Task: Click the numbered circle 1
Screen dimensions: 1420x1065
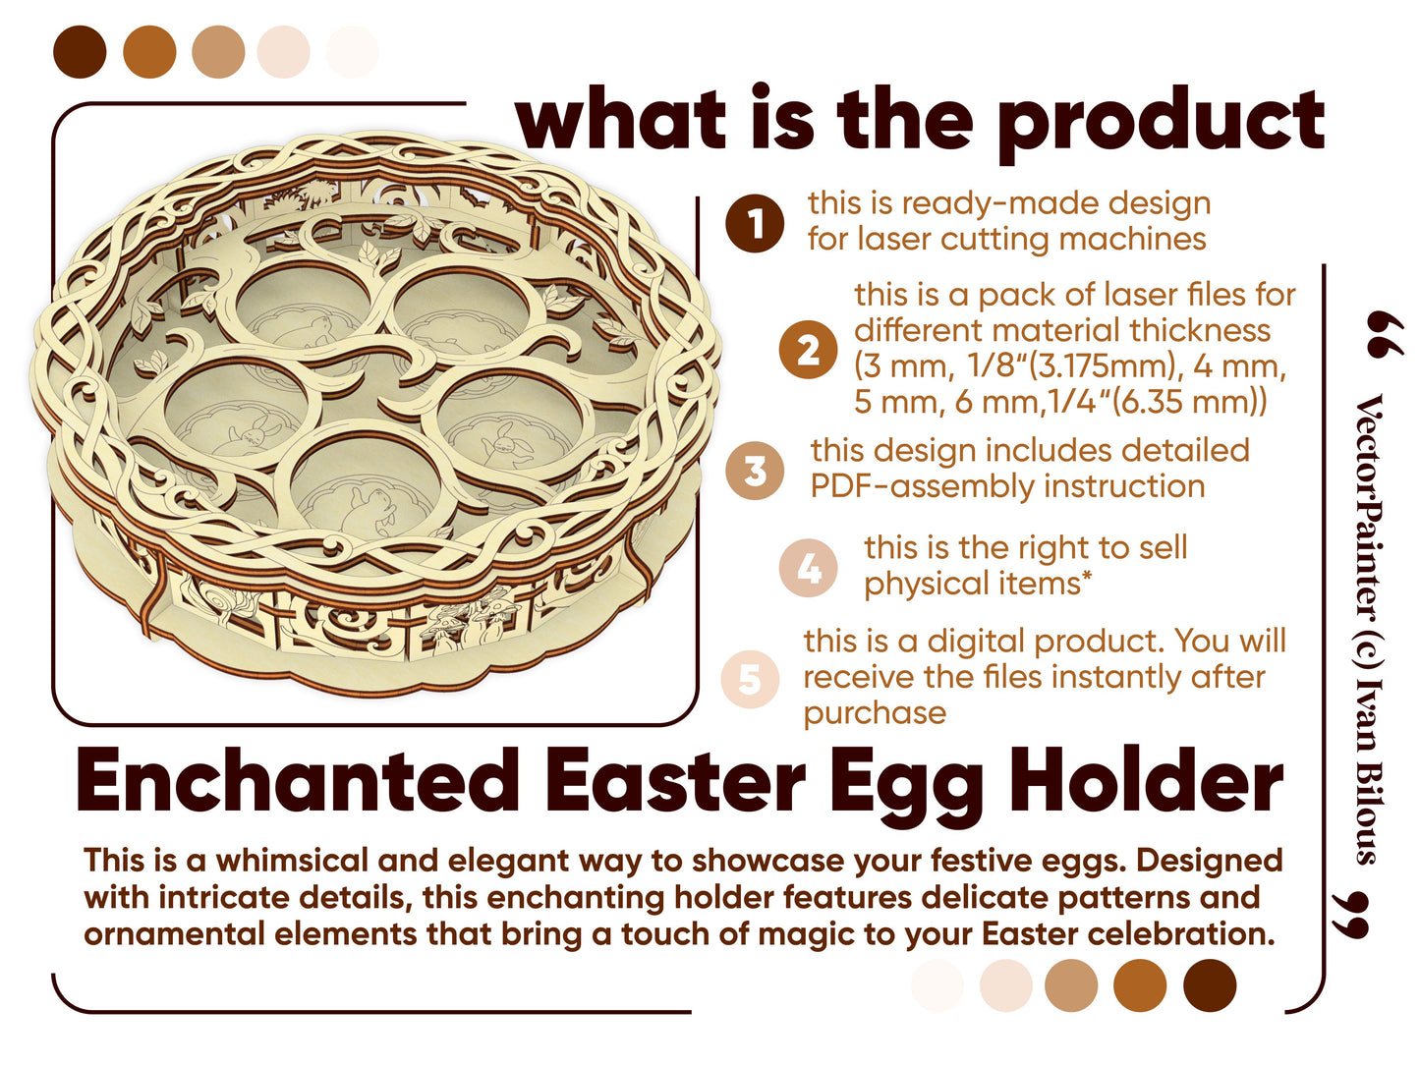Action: coord(755,223)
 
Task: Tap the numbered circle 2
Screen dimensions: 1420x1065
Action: coord(808,349)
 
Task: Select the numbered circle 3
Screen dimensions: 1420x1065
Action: coord(755,470)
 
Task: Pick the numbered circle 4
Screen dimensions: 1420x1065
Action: coord(808,568)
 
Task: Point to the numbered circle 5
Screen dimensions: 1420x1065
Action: coord(750,679)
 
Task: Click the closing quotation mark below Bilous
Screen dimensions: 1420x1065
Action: coord(1350,915)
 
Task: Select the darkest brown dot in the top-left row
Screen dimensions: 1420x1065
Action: coord(80,52)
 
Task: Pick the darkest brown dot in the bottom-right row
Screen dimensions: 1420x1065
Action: coord(1209,984)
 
